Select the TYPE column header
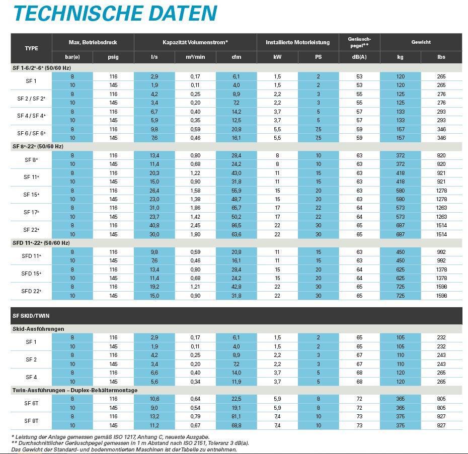pos(31,48)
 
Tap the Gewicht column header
pos(421,42)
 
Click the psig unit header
pos(113,57)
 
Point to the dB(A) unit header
pos(359,57)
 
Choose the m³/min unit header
pos(195,57)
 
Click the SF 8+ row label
pos(31,160)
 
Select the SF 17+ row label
pos(31,212)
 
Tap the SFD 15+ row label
pos(31,274)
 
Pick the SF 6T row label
pos(31,403)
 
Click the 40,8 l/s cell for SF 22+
pos(154,226)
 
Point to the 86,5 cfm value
pos(236,226)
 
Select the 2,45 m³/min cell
pos(195,226)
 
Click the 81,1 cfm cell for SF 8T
pos(236,417)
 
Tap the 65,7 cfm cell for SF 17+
pos(236,208)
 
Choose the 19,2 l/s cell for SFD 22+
pos(154,287)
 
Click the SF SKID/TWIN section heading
pos(31,316)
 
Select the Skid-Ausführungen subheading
pos(38,329)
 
